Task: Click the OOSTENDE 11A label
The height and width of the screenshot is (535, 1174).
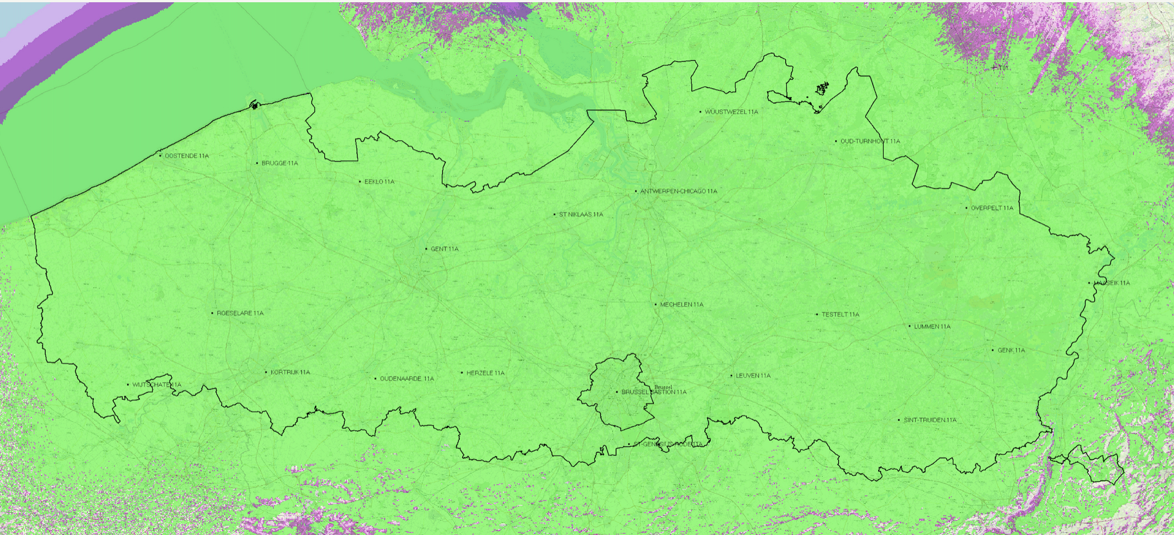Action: click(x=186, y=156)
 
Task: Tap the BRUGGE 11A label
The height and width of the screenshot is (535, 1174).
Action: click(x=280, y=163)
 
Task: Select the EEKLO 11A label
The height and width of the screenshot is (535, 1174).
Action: click(x=379, y=181)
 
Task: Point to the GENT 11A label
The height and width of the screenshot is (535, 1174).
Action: click(x=444, y=249)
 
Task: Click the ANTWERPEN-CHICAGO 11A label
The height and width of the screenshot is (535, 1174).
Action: click(x=679, y=191)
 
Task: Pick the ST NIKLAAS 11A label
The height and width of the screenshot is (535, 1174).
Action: click(x=581, y=214)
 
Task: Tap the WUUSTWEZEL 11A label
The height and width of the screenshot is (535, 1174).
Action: click(x=731, y=112)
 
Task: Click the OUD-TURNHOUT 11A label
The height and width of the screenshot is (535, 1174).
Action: click(x=870, y=141)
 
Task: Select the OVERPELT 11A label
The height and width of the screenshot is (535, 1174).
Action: click(x=992, y=208)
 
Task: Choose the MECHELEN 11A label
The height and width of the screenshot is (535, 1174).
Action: click(x=681, y=304)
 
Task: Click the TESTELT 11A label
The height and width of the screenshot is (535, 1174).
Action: click(x=840, y=314)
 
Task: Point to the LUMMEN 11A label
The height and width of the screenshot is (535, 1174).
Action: click(x=932, y=327)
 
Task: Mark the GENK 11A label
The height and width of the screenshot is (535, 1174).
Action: click(x=1011, y=350)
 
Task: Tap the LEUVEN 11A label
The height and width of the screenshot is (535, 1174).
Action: click(x=753, y=376)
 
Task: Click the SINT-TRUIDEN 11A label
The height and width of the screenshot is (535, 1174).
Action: click(x=930, y=420)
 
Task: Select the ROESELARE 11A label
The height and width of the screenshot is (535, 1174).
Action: click(x=240, y=313)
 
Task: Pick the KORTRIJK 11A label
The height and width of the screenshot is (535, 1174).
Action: click(x=290, y=372)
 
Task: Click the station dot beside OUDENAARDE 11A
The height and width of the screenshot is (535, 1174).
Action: click(x=375, y=379)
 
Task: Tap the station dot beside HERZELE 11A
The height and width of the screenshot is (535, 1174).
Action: click(x=461, y=372)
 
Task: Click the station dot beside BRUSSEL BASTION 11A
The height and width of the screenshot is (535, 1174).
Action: click(x=617, y=392)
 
